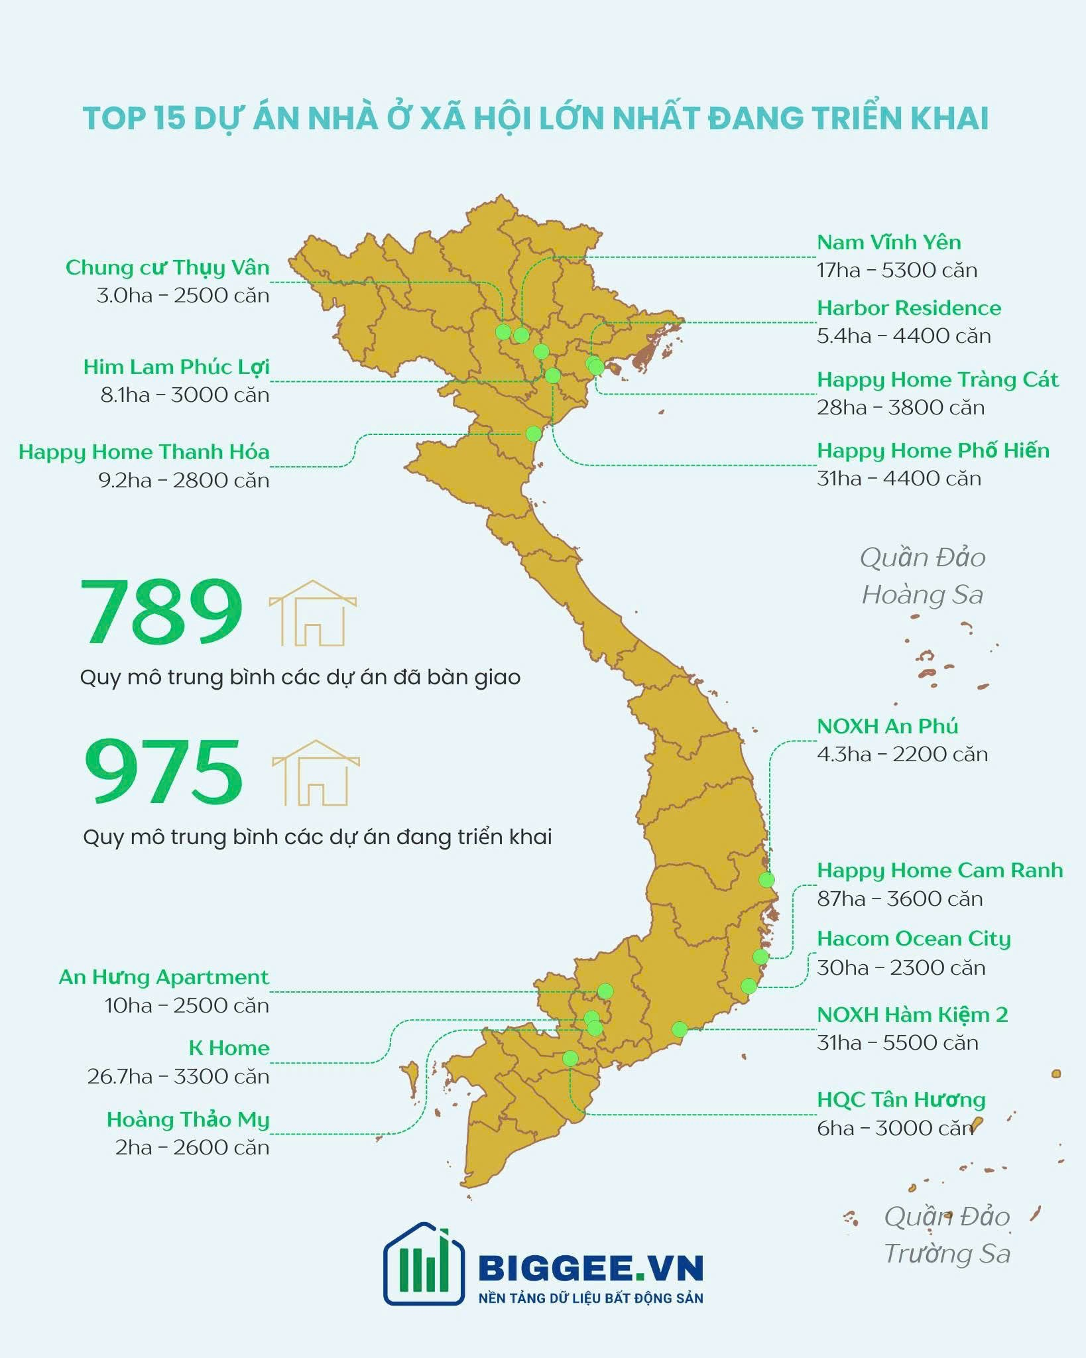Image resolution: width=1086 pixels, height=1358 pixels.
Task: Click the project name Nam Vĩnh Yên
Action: point(888,242)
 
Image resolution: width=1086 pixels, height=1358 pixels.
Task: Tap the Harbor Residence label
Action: point(909,308)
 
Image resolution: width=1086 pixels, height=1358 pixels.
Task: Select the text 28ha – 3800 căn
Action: point(900,407)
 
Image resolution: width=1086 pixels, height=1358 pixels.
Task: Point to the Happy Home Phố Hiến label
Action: point(933,451)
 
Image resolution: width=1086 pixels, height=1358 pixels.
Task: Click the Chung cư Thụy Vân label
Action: point(168,267)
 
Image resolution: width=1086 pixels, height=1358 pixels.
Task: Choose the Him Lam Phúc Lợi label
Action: point(176,367)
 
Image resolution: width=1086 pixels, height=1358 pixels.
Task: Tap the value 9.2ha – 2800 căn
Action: point(184,480)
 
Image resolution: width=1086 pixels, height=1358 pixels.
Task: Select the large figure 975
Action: point(163,772)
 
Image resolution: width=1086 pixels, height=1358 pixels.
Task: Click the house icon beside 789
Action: point(313,613)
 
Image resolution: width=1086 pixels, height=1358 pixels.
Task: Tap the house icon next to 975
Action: point(316,773)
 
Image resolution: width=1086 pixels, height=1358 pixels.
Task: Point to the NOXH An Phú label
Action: point(887,726)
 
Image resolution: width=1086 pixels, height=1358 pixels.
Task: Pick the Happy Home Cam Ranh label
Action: point(939,870)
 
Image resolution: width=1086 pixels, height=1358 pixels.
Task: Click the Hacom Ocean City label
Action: point(914,939)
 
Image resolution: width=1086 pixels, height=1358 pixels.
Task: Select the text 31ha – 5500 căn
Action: point(897,1043)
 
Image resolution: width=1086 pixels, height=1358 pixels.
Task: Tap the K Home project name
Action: point(229,1048)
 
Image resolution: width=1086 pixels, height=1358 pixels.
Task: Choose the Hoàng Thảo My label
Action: point(188,1119)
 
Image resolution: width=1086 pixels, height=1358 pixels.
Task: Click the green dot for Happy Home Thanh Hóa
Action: point(533,434)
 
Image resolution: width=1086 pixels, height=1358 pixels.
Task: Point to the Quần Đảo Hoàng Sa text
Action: point(922,576)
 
